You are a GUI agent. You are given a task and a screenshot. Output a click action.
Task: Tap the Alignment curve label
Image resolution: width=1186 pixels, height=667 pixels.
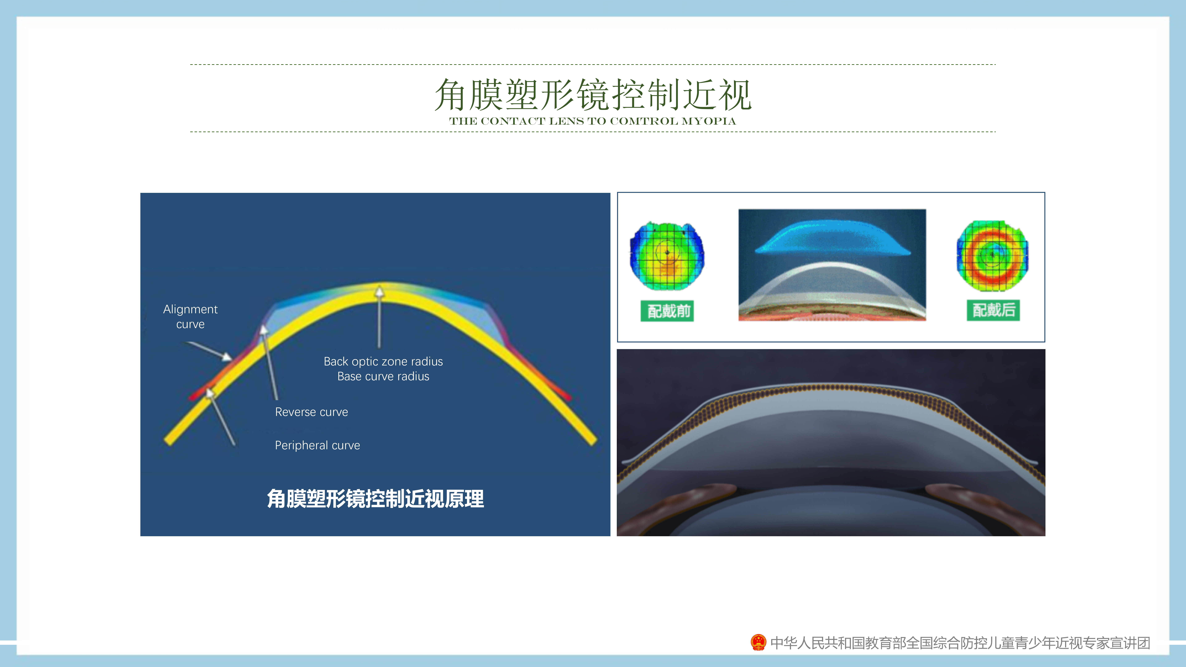190,317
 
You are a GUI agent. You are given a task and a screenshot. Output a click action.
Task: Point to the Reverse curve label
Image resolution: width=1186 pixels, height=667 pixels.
311,412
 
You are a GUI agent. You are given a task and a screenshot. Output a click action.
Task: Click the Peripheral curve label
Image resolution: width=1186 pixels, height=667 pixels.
317,445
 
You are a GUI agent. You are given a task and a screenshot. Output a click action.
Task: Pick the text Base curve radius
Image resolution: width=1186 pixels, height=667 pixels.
383,377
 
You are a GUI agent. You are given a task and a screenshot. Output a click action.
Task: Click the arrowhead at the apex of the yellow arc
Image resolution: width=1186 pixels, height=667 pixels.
379,291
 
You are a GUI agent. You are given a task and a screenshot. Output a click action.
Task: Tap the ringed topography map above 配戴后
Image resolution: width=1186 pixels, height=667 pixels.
992,256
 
